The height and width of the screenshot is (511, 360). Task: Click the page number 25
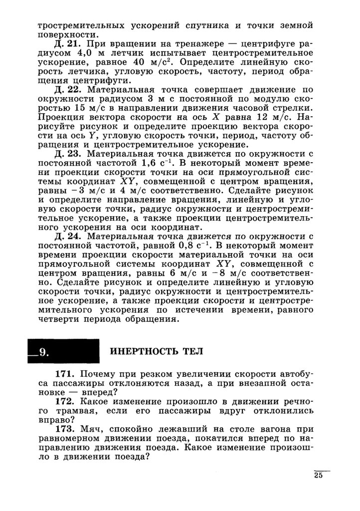tap(319, 475)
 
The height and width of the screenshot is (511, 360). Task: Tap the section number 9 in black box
tap(42, 352)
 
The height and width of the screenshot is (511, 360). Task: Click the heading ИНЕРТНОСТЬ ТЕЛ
tap(156, 351)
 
